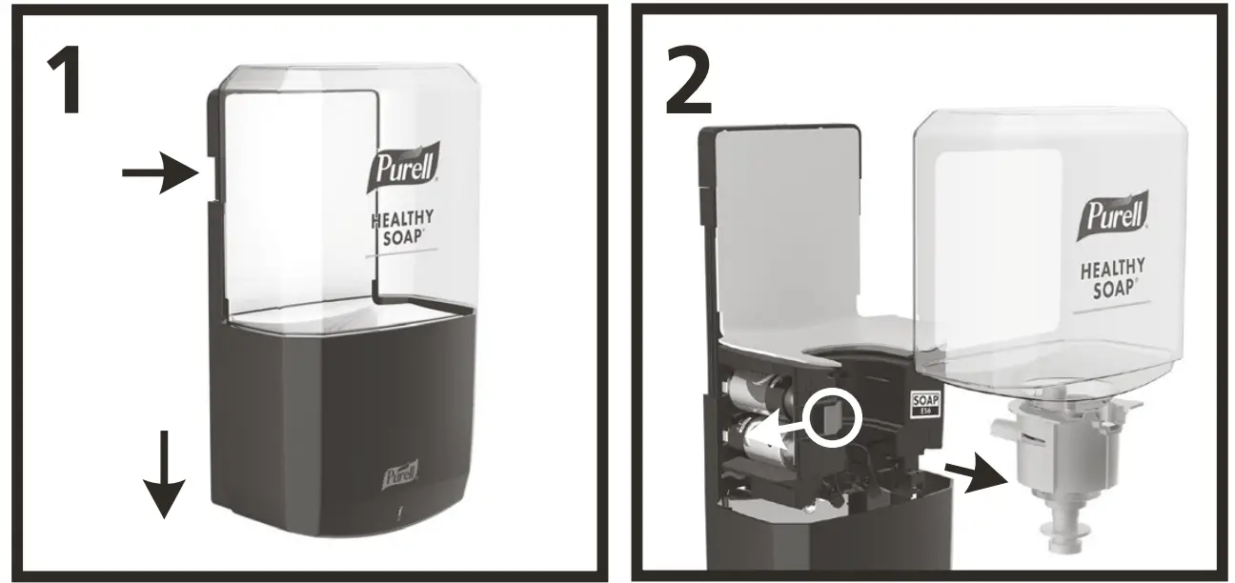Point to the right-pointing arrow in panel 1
tap(158, 172)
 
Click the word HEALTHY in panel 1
tap(402, 220)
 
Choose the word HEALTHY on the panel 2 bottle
tap(1111, 270)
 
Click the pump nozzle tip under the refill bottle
tap(1065, 543)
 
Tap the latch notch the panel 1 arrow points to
tap(205, 172)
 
